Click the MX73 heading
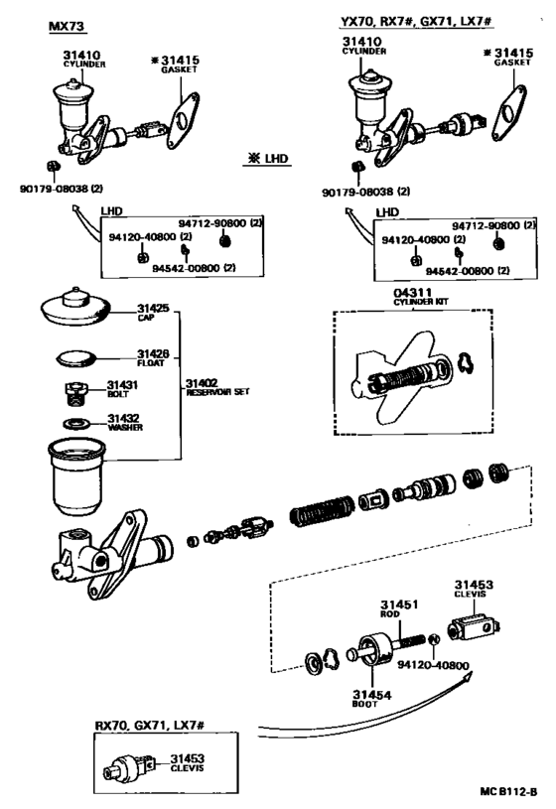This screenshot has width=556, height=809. (x=67, y=27)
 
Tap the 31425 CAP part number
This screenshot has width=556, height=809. (x=153, y=309)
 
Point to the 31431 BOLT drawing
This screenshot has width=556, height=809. (x=75, y=394)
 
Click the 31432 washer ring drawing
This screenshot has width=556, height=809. (x=76, y=424)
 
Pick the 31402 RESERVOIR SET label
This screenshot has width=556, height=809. (x=217, y=387)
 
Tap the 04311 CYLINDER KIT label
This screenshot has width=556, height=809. (x=420, y=297)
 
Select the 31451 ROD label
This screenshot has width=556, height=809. (x=399, y=608)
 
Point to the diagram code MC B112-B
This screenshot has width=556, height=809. (x=508, y=791)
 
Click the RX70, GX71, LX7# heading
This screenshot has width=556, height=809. (x=150, y=725)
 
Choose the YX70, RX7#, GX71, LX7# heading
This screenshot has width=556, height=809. (x=416, y=21)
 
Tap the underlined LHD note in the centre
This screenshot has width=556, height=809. (x=268, y=159)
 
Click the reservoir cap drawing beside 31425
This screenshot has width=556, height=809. (x=75, y=307)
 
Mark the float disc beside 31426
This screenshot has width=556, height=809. (x=75, y=358)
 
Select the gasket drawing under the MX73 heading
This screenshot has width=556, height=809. (x=183, y=121)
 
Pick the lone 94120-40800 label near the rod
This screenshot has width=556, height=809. (x=433, y=665)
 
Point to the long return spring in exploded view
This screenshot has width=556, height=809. (x=322, y=511)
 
